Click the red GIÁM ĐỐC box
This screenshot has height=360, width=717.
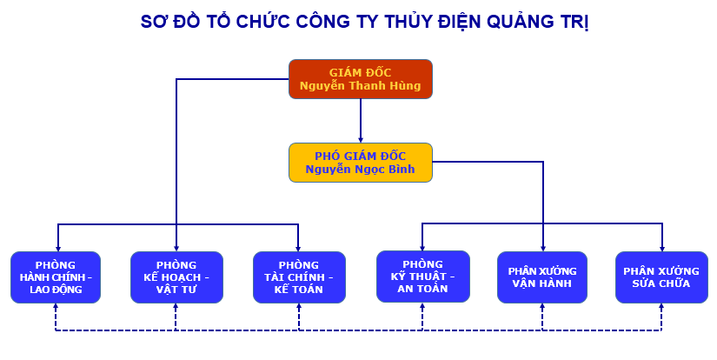pos(361,79)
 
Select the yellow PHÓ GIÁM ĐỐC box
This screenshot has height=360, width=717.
pos(361,163)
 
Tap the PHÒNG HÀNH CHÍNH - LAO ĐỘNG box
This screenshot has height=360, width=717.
pos(56,277)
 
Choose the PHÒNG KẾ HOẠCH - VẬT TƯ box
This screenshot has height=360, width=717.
pos(176,277)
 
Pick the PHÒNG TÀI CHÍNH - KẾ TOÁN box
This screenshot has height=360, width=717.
pos(299,277)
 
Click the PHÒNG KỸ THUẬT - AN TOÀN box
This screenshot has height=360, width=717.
pos(423,277)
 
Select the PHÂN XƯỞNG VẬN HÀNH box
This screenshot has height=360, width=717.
pos(541,277)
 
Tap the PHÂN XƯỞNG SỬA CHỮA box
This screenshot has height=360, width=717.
pos(661,277)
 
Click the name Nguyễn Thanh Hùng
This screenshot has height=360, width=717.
pos(361,86)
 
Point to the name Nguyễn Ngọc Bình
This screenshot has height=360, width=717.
pos(361,170)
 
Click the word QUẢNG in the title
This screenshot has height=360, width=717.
pos(519,22)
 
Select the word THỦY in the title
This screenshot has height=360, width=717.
pos(409,22)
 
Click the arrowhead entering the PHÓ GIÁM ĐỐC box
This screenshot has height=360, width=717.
pos(361,139)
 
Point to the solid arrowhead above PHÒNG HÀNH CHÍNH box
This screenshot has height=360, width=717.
pos(57,248)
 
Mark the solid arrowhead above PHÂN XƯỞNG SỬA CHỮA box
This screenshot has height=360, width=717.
pos(662,248)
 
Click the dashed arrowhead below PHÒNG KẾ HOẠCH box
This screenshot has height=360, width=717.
pos(176,306)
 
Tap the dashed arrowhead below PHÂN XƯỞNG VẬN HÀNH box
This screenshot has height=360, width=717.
pos(542,306)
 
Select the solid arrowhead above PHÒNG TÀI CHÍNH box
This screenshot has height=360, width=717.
pos(298,248)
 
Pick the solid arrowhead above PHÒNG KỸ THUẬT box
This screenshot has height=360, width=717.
pos(422,247)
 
